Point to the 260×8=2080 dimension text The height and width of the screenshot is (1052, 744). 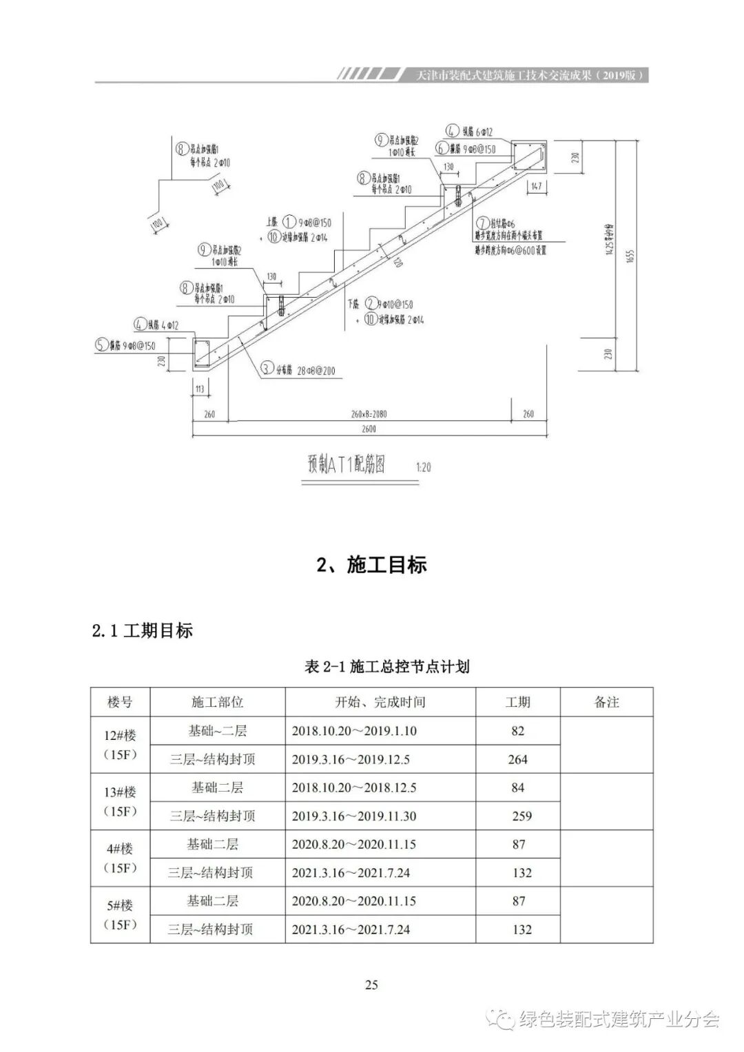coord(369,414)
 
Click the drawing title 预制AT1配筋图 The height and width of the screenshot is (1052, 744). coord(346,464)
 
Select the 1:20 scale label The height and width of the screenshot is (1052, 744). coord(423,467)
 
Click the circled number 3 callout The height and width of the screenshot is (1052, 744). coord(266,369)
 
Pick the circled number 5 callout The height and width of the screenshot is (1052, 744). coord(101,346)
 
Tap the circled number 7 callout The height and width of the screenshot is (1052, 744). coord(481,223)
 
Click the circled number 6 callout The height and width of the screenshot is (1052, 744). coord(441,148)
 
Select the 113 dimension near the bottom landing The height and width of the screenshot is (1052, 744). coord(200,389)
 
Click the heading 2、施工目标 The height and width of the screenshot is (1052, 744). coord(371,565)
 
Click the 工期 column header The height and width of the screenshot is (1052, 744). coord(518,702)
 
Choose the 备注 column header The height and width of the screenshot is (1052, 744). coord(606,702)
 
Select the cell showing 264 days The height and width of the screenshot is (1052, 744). coord(518,759)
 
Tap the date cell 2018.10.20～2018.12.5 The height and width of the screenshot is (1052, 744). coord(354,787)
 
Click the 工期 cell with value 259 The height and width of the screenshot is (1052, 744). coord(521,816)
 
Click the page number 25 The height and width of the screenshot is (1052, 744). coord(371,984)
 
